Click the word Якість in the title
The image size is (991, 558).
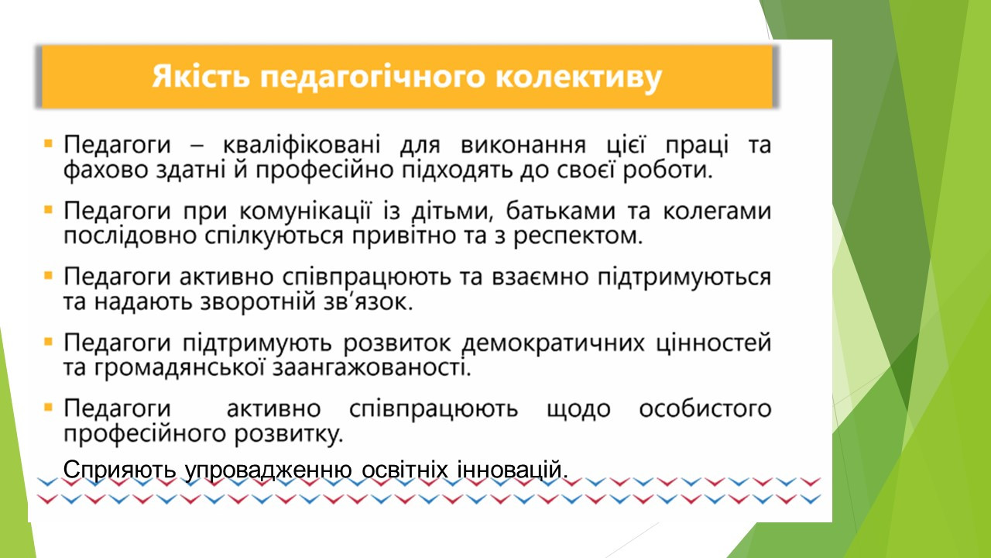click(x=202, y=77)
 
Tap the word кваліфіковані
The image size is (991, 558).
click(x=302, y=145)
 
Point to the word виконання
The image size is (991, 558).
click(x=523, y=145)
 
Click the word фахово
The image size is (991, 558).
click(x=105, y=170)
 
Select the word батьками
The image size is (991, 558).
click(x=561, y=210)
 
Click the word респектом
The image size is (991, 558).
click(x=578, y=236)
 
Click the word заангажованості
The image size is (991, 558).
click(x=372, y=368)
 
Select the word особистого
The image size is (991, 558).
click(x=705, y=408)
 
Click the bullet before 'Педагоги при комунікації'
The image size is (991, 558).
click(x=48, y=209)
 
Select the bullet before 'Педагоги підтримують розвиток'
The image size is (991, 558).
click(x=48, y=342)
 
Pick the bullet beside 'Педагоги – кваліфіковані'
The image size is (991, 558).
click(x=48, y=143)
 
